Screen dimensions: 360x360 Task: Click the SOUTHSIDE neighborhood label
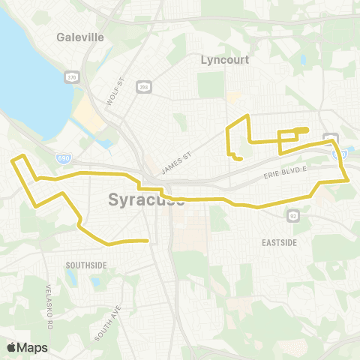pyautogui.click(x=86, y=265)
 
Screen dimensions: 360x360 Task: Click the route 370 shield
pyautogui.click(x=72, y=77)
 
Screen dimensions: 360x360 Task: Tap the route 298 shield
pyautogui.click(x=143, y=87)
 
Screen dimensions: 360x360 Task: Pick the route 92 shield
pyautogui.click(x=292, y=216)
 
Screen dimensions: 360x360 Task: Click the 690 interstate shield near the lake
pyautogui.click(x=64, y=158)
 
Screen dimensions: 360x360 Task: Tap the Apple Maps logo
pyautogui.click(x=28, y=347)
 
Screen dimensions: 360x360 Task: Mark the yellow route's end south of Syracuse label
pyautogui.click(x=147, y=241)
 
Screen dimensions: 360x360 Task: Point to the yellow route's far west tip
pyautogui.click(x=11, y=159)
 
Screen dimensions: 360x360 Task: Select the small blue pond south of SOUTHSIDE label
pyautogui.click(x=71, y=278)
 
